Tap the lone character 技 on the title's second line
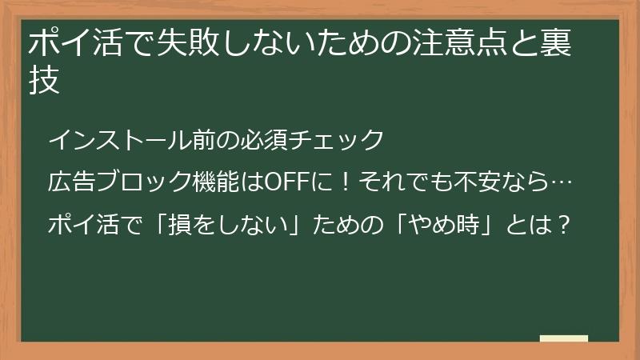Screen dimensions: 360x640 (x=45, y=82)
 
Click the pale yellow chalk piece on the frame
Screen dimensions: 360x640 (x=563, y=338)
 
